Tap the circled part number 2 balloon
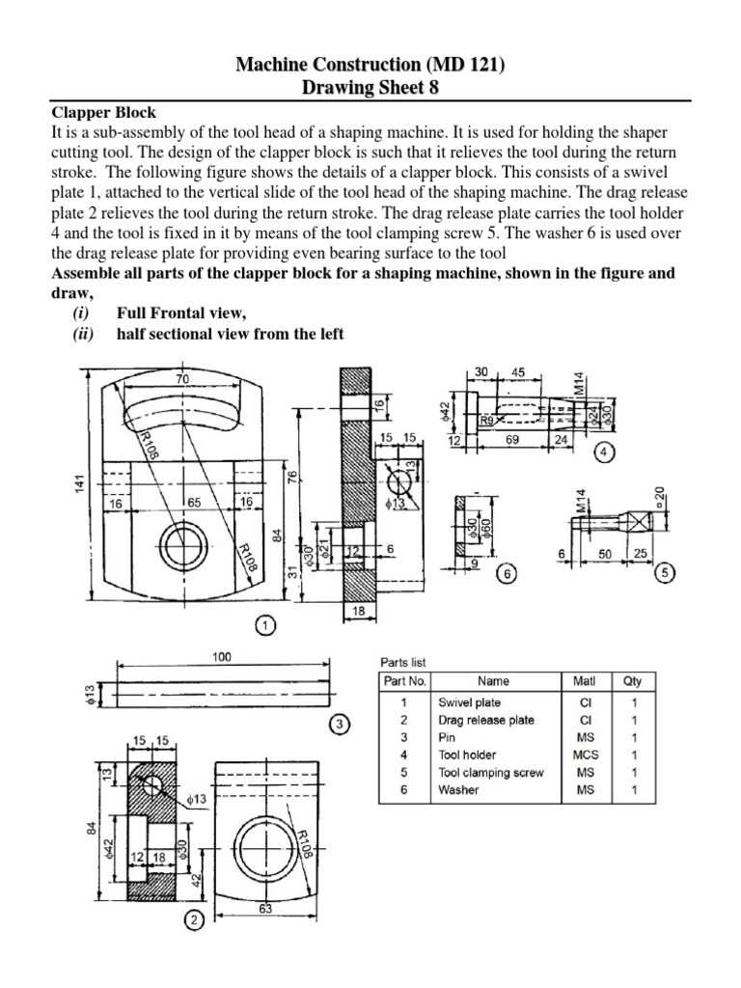(x=194, y=920)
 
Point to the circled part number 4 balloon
(x=603, y=452)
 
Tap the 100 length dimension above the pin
(x=223, y=655)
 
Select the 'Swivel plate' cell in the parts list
(x=470, y=703)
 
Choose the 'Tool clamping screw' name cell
(x=490, y=773)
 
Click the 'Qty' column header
(x=633, y=681)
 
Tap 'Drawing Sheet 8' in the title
(x=370, y=89)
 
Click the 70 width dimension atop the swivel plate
(x=182, y=380)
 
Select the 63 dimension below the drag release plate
(x=264, y=907)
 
